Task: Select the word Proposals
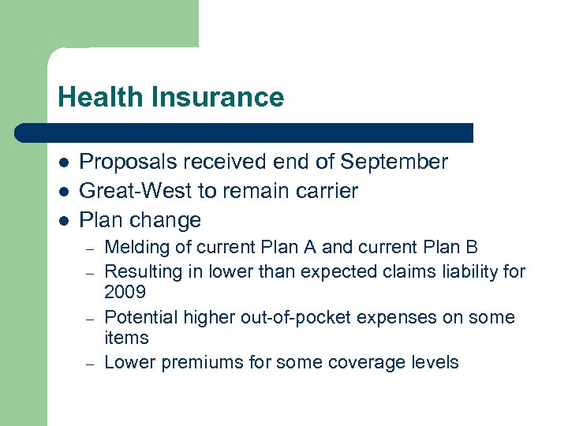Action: pyautogui.click(x=129, y=162)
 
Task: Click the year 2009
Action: pyautogui.click(x=125, y=292)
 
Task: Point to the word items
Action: pyautogui.click(x=126, y=338)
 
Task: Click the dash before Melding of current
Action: pyautogui.click(x=91, y=248)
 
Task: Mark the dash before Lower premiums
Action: pyautogui.click(x=91, y=364)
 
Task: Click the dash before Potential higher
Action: pyautogui.click(x=91, y=318)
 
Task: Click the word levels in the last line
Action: pyautogui.click(x=434, y=363)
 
